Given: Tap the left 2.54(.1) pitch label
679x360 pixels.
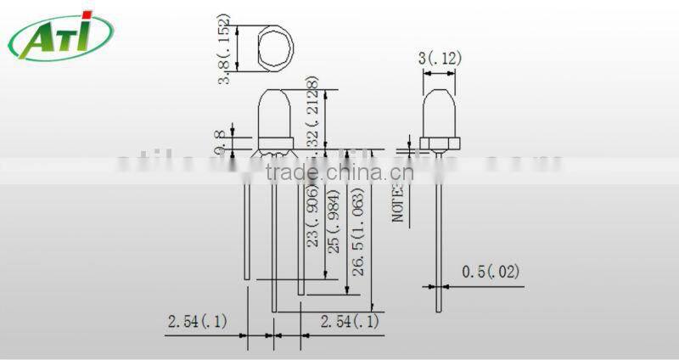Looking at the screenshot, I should [x=197, y=322].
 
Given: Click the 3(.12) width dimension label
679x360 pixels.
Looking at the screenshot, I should [x=440, y=59].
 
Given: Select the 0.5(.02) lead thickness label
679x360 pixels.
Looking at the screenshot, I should [x=490, y=273].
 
